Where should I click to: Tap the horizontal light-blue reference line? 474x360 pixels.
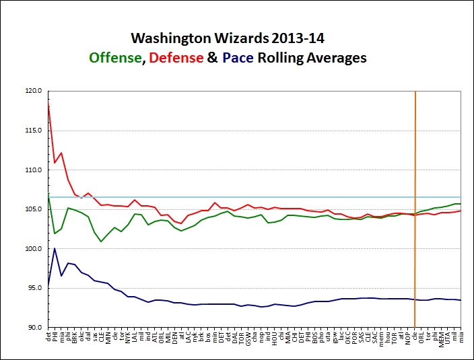click(x=269, y=197)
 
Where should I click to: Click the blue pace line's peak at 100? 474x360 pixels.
click(x=55, y=248)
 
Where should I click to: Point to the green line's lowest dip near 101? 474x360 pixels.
click(x=101, y=241)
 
